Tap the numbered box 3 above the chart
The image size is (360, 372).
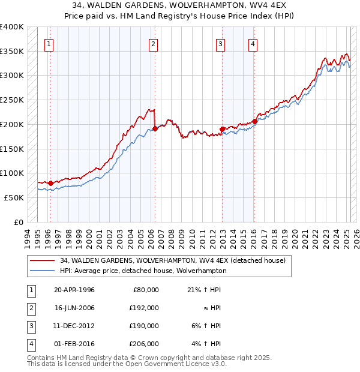point(221,43)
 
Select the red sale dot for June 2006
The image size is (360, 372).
point(155,128)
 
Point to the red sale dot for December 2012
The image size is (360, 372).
point(222,129)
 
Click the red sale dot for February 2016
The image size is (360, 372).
point(254,121)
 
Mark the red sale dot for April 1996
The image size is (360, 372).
point(50,183)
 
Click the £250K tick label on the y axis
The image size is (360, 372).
point(12,100)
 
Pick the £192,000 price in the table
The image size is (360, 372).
point(145,307)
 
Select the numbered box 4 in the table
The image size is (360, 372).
point(29,344)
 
